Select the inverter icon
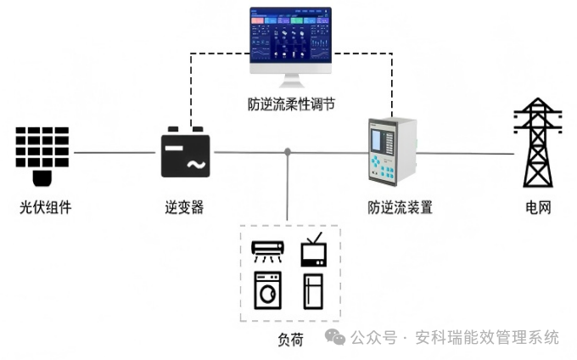(185, 152)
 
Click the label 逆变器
(184, 207)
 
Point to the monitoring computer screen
(290, 39)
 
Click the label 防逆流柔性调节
(291, 104)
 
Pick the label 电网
(538, 207)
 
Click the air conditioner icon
(268, 250)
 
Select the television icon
(313, 250)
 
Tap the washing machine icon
(268, 290)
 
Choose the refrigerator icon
(313, 290)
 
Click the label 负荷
(290, 339)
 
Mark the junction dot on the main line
(288, 152)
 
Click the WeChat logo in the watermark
(335, 337)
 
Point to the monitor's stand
(291, 80)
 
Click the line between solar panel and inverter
(115, 153)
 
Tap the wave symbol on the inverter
(194, 163)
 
